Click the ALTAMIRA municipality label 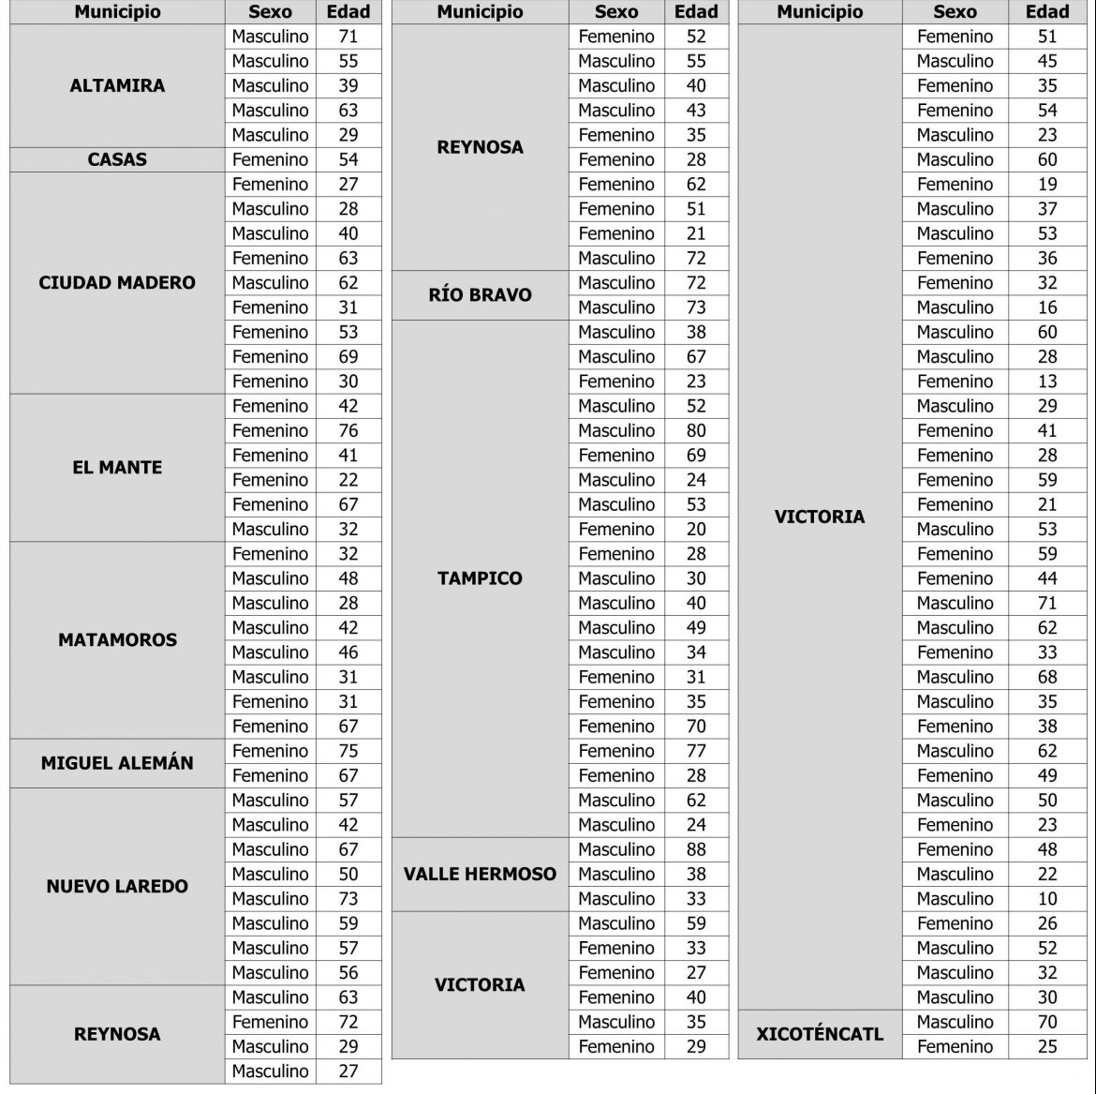pyautogui.click(x=117, y=85)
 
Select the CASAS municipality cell pyautogui.click(x=117, y=159)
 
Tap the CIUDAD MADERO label pyautogui.click(x=117, y=282)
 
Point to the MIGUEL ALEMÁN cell pyautogui.click(x=117, y=763)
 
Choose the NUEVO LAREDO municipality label pyautogui.click(x=117, y=886)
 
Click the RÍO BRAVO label pyautogui.click(x=480, y=295)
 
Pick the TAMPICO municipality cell pyautogui.click(x=480, y=578)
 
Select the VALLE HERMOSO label pyautogui.click(x=480, y=874)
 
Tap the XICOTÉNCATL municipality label pyautogui.click(x=820, y=1035)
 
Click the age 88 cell pyautogui.click(x=696, y=849)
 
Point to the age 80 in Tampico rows pyautogui.click(x=696, y=430)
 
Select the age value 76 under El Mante pyautogui.click(x=348, y=430)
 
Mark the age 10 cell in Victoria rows pyautogui.click(x=1047, y=898)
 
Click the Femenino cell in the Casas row pyautogui.click(x=270, y=159)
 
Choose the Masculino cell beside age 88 pyautogui.click(x=616, y=849)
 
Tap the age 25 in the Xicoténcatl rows pyautogui.click(x=1047, y=1046)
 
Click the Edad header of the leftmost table pyautogui.click(x=348, y=12)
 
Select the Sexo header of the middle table pyautogui.click(x=616, y=12)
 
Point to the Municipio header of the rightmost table pyautogui.click(x=820, y=12)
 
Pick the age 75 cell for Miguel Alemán pyautogui.click(x=348, y=751)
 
